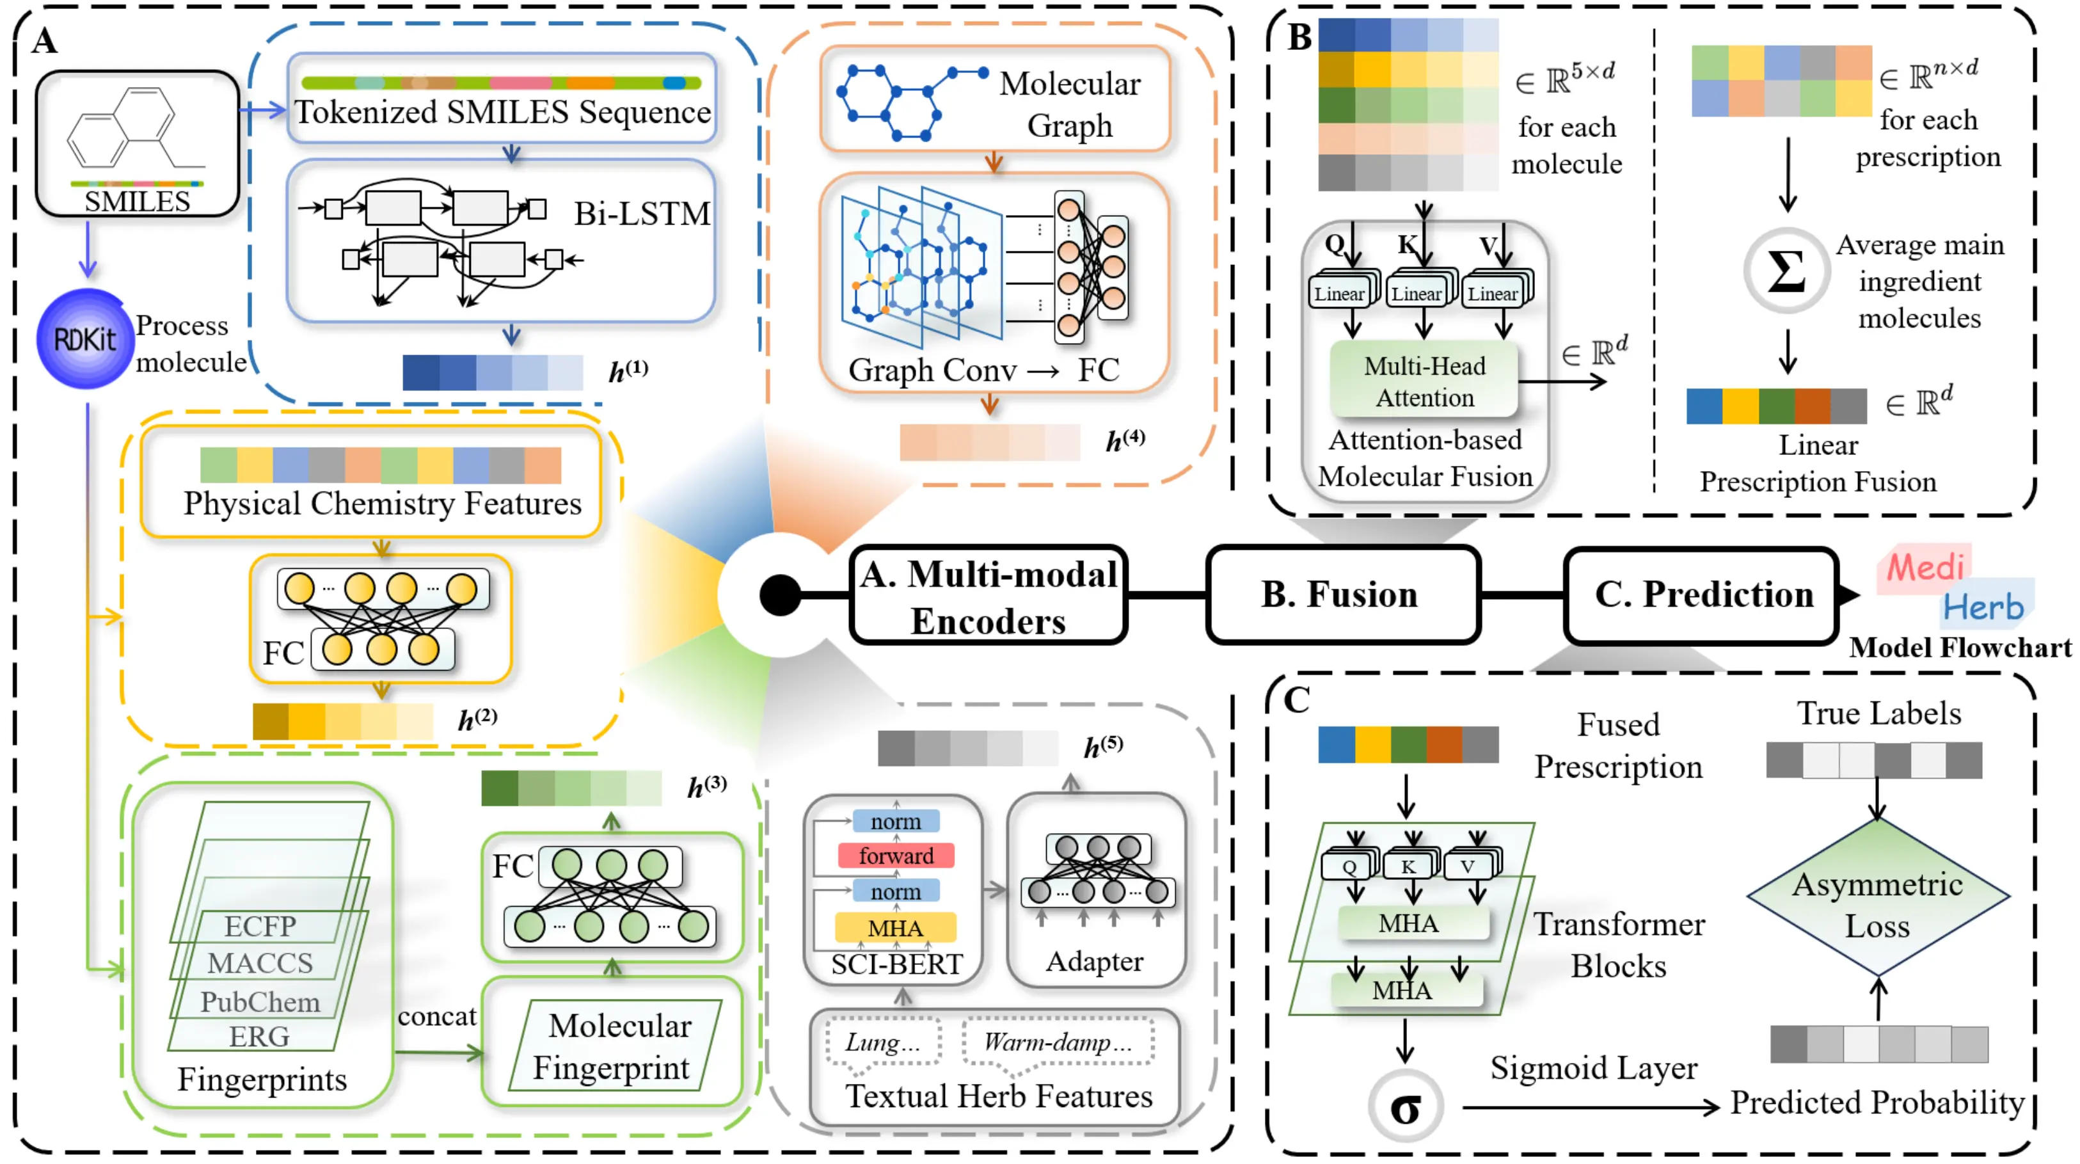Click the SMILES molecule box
coord(138,144)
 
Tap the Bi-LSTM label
coord(642,214)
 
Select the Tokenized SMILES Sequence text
coord(502,111)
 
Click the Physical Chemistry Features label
coord(382,503)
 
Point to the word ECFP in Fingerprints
coord(260,926)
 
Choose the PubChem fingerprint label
coord(260,1001)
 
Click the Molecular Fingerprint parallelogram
coord(615,1046)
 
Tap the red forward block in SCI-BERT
coord(896,856)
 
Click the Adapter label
coord(1095,961)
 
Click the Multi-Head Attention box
coord(1424,381)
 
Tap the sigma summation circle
coord(1786,271)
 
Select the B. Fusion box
coord(1340,594)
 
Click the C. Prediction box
coord(1702,594)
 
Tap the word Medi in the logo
coord(1925,567)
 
